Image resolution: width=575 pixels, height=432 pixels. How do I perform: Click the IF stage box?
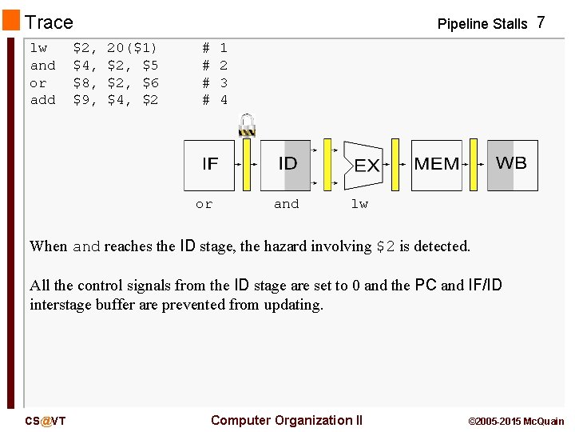point(209,166)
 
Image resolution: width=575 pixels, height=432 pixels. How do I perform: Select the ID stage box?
point(286,166)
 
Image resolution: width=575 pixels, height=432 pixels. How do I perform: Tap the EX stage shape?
point(363,166)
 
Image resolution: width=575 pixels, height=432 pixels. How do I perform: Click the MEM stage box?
point(436,166)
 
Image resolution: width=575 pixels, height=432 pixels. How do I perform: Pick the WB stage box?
point(512,166)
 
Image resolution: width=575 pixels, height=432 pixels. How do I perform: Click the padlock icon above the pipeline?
point(247,125)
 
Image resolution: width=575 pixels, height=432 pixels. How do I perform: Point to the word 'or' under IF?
point(204,204)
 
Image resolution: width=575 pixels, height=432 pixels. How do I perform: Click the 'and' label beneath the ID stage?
point(286,204)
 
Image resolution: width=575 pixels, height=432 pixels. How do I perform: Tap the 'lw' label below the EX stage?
point(359,204)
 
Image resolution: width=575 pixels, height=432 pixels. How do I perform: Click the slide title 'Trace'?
point(49,22)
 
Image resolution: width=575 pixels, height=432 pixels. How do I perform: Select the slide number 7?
point(541,22)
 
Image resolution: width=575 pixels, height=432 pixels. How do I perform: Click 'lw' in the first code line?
point(38,48)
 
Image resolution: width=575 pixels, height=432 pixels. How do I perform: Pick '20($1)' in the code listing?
point(132,48)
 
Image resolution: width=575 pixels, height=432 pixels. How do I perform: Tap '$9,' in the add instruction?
point(85,100)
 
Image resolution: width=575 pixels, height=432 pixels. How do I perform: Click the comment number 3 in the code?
point(224,82)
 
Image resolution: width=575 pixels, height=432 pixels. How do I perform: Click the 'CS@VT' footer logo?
point(45,421)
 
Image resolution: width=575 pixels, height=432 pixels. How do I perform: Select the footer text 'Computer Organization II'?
point(286,421)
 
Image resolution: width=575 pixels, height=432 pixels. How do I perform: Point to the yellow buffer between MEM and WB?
point(474,166)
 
